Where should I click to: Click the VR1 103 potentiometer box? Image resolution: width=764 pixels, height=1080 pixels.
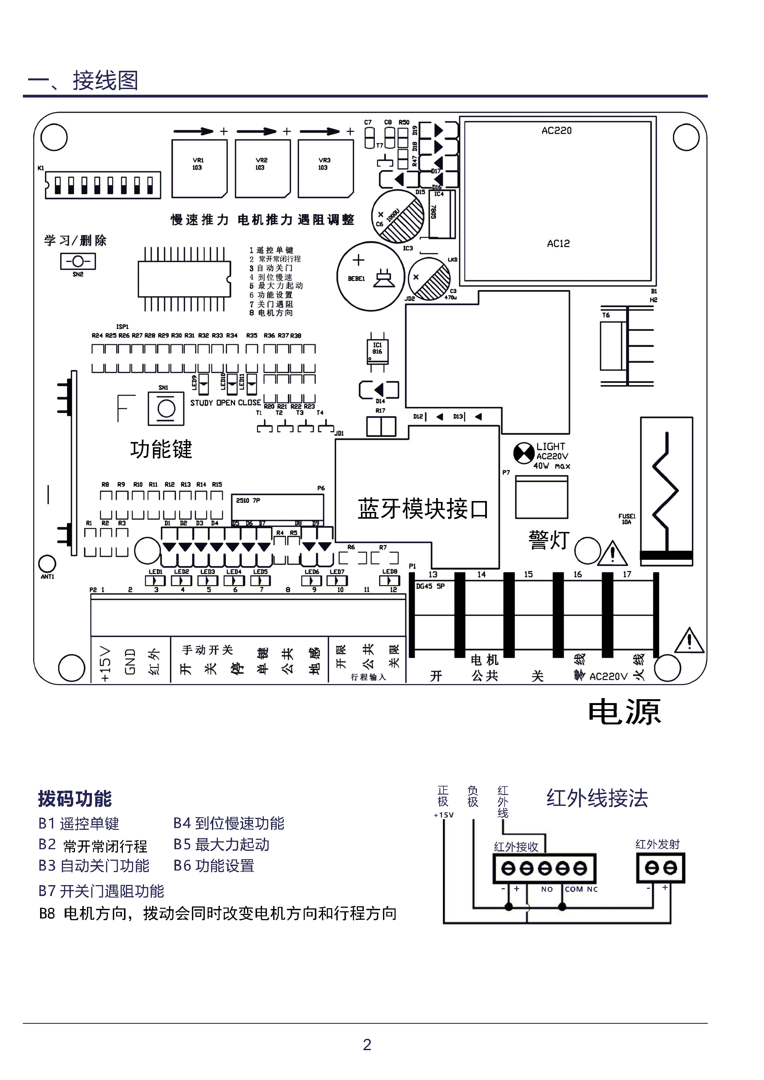[199, 168]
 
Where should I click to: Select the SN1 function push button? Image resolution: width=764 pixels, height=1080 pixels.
[166, 408]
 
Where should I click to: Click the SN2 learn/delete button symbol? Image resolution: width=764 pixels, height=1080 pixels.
[78, 261]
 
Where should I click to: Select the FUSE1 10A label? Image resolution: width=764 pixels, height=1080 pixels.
[627, 519]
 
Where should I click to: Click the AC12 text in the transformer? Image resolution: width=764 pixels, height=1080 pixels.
[558, 244]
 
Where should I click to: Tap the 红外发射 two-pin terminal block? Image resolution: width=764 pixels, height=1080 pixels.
[661, 868]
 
